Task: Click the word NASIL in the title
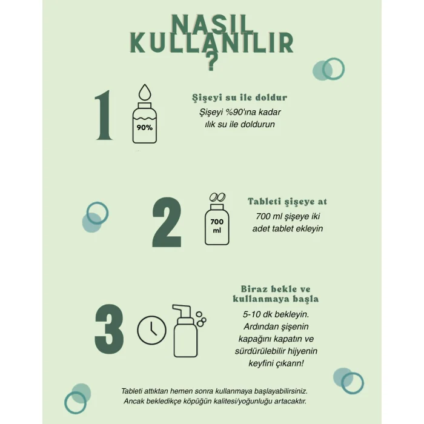tap(212, 25)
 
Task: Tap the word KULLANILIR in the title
tap(212, 43)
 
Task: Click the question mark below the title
tap(211, 61)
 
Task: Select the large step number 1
tap(104, 115)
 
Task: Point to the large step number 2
tap(167, 222)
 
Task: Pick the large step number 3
tap(109, 328)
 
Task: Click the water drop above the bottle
tap(145, 92)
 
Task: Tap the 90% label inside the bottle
tap(144, 127)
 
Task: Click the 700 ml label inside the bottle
tap(217, 226)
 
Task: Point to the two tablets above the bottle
tap(217, 197)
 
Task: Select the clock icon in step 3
tap(151, 330)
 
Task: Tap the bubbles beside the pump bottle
tap(201, 319)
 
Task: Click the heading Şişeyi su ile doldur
tap(240, 98)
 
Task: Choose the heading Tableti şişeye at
tap(288, 202)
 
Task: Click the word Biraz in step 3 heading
tap(254, 289)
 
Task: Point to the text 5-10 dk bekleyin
tap(276, 314)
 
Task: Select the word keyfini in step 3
tap(261, 363)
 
